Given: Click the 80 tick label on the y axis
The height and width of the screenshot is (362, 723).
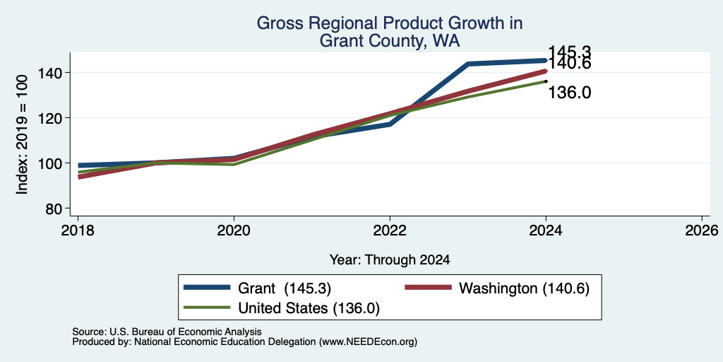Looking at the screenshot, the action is [x=55, y=209].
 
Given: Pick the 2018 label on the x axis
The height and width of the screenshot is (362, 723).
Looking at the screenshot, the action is [x=78, y=230].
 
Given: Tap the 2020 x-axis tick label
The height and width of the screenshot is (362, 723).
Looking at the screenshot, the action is [x=234, y=230].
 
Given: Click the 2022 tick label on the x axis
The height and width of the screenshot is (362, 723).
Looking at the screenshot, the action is [x=390, y=230].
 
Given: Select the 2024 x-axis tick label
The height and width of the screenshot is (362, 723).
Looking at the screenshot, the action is [x=546, y=230].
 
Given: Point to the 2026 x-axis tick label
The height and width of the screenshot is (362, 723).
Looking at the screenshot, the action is [x=701, y=230].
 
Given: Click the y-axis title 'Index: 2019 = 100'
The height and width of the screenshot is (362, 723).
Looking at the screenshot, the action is [x=22, y=134].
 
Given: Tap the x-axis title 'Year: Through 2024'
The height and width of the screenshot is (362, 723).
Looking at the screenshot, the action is [x=390, y=260].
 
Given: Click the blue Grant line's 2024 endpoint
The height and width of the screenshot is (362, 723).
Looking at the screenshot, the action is [x=546, y=61].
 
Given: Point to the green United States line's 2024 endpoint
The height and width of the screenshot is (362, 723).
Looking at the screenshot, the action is [x=546, y=81].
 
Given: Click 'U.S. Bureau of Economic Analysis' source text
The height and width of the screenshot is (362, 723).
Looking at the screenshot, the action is [x=186, y=332].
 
